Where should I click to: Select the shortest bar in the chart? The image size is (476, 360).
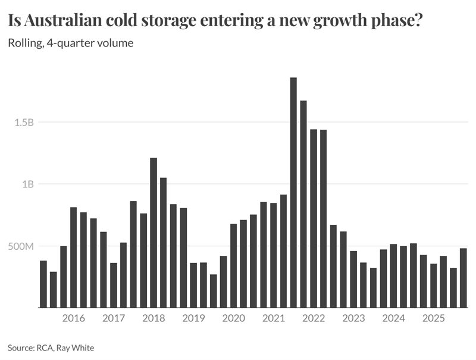tap(213, 291)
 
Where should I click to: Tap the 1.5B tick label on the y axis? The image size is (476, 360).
tap(23, 122)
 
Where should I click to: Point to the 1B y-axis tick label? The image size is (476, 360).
tap(27, 184)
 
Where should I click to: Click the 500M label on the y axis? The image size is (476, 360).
tap(21, 246)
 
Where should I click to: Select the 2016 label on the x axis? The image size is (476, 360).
tap(73, 318)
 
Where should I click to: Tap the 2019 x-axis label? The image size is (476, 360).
tap(193, 318)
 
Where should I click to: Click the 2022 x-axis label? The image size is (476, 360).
tap(313, 318)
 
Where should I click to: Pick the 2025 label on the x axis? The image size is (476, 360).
tap(433, 318)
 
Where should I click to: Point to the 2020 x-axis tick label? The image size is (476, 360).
tap(233, 318)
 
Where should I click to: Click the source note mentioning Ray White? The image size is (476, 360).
tap(51, 348)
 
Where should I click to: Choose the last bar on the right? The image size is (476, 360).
tap(464, 278)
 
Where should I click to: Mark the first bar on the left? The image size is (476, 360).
tap(43, 284)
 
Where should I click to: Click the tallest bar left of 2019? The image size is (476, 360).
tap(154, 233)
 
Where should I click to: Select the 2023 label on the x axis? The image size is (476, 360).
tap(353, 318)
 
